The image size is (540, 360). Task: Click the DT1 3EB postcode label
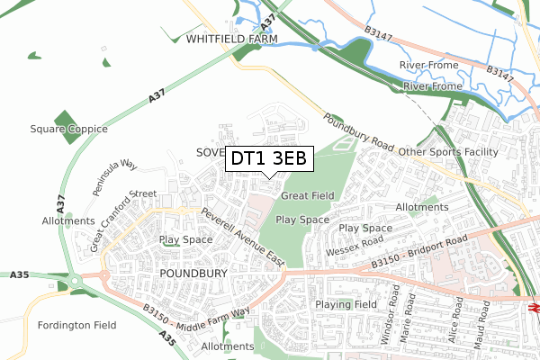[x=269, y=159]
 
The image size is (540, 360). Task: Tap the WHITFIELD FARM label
[x=233, y=40]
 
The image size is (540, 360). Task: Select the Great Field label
[x=308, y=195]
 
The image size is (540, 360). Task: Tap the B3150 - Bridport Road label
[x=419, y=253]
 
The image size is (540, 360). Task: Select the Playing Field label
[x=346, y=305]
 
